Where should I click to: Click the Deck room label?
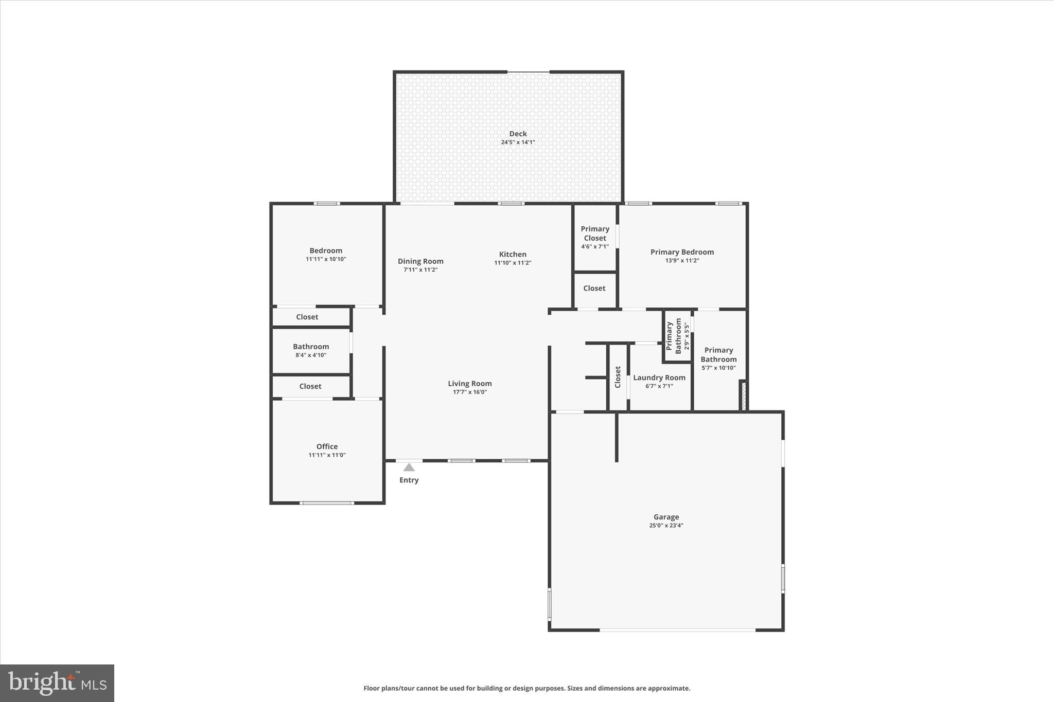tap(518, 134)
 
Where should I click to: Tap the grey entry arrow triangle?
tap(409, 467)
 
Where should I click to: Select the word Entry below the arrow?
tap(409, 480)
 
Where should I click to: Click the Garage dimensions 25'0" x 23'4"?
tap(666, 526)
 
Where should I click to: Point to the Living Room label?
tap(469, 384)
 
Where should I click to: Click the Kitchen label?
tap(513, 254)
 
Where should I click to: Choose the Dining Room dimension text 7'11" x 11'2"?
tap(420, 270)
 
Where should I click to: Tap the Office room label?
tap(327, 446)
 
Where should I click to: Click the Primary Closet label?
tap(595, 233)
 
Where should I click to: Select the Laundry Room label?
tap(659, 377)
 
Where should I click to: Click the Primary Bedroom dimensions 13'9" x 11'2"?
tap(682, 261)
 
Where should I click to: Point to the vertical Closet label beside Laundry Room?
tap(618, 377)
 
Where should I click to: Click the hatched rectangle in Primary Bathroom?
tap(743, 395)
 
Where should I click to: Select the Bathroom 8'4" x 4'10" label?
tap(311, 350)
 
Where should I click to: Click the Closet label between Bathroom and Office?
tap(310, 386)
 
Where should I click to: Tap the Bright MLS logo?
tap(57, 683)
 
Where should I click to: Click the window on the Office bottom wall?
tap(327, 503)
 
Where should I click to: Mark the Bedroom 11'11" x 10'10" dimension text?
tap(326, 259)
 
